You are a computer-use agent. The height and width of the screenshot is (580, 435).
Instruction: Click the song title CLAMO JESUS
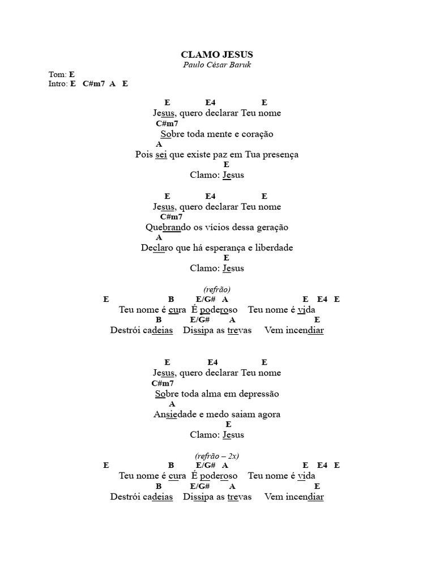click(x=217, y=54)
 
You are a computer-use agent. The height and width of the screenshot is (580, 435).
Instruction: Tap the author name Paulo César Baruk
click(x=217, y=65)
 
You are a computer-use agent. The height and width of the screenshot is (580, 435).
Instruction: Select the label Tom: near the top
click(x=58, y=74)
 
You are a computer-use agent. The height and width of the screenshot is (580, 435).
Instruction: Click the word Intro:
click(x=58, y=83)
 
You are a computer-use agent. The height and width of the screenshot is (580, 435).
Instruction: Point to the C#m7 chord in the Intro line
click(x=93, y=83)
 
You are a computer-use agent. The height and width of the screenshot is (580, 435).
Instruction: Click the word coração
click(x=258, y=134)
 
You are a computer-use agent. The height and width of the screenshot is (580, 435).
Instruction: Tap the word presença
click(x=279, y=155)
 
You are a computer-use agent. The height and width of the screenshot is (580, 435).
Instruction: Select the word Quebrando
click(x=163, y=227)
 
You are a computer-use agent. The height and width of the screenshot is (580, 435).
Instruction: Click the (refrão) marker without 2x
click(x=217, y=289)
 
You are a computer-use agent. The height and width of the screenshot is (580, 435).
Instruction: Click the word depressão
click(x=258, y=394)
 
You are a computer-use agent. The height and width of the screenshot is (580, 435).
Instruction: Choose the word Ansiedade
click(x=176, y=414)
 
